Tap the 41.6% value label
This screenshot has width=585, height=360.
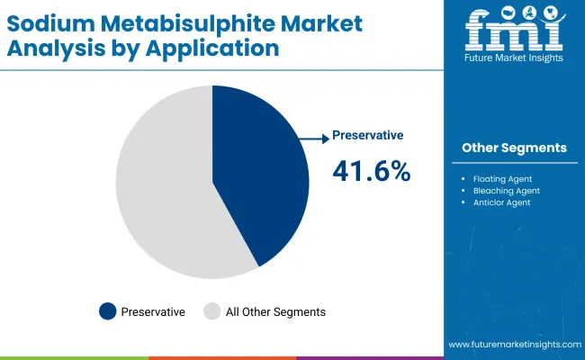click(x=372, y=170)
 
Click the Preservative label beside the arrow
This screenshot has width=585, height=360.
click(x=367, y=135)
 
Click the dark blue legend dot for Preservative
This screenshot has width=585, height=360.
click(x=108, y=311)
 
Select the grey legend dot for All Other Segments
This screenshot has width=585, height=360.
click(x=211, y=311)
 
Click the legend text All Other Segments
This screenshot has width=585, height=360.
click(x=275, y=311)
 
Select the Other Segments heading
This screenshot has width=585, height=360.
click(x=514, y=148)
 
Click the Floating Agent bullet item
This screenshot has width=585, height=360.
click(x=501, y=179)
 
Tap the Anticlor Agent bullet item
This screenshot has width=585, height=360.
click(x=501, y=202)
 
